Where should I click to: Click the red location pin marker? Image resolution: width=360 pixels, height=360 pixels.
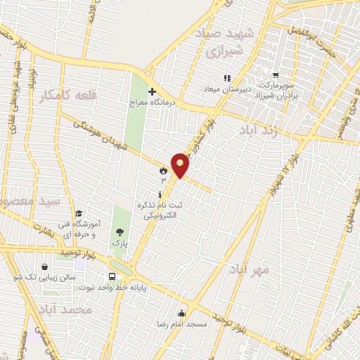click(181, 165)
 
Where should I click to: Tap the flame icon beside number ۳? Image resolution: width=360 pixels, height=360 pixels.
click(163, 170)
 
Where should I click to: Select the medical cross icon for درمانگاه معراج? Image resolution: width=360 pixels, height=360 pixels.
click(152, 91)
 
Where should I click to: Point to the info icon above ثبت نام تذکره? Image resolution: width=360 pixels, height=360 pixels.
click(161, 193)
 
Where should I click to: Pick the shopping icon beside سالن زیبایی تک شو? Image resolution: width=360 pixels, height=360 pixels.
click(45, 268)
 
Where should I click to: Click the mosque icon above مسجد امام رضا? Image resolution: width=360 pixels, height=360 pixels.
click(182, 313)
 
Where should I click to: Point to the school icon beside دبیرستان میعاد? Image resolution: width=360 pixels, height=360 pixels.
click(226, 78)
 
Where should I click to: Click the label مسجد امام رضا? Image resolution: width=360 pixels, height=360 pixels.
click(182, 326)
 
